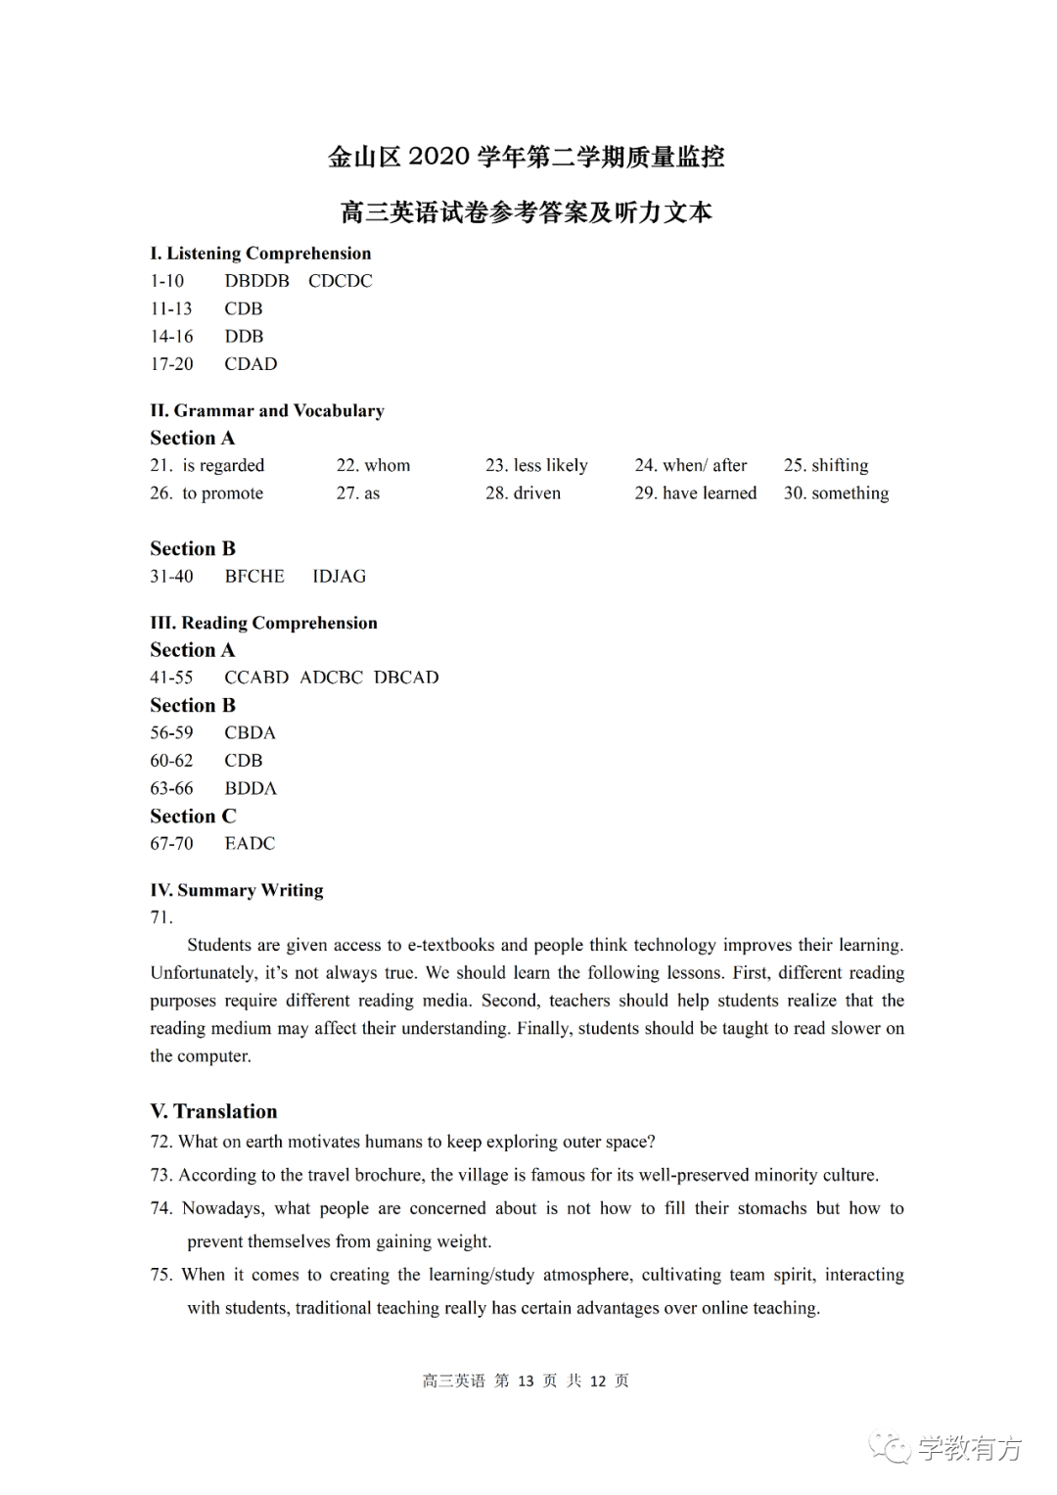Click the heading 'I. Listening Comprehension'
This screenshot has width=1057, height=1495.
pyautogui.click(x=260, y=254)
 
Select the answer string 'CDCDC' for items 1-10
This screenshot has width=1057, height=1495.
pyautogui.click(x=340, y=281)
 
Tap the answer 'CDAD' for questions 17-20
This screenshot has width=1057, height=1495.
pyautogui.click(x=251, y=364)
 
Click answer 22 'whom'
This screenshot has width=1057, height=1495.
pyautogui.click(x=387, y=466)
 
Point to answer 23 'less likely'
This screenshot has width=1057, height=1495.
pyautogui.click(x=550, y=466)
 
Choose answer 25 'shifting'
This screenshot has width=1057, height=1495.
pyautogui.click(x=840, y=466)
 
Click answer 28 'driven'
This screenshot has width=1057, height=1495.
pyautogui.click(x=536, y=493)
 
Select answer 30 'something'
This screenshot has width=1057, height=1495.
pyautogui.click(x=850, y=493)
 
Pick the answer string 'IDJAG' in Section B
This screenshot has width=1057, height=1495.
pyautogui.click(x=339, y=577)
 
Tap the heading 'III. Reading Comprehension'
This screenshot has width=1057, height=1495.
pyautogui.click(x=263, y=623)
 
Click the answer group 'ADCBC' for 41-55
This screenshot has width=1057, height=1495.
pyautogui.click(x=331, y=677)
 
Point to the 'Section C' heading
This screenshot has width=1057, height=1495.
pyautogui.click(x=193, y=817)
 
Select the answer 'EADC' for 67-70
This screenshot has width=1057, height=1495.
pyautogui.click(x=250, y=844)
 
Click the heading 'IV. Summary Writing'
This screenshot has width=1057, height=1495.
pyautogui.click(x=237, y=890)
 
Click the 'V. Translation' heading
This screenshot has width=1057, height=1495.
pyautogui.click(x=213, y=1111)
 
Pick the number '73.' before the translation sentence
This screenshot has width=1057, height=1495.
pyautogui.click(x=161, y=1176)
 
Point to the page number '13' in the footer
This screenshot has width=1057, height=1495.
pyautogui.click(x=526, y=1381)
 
